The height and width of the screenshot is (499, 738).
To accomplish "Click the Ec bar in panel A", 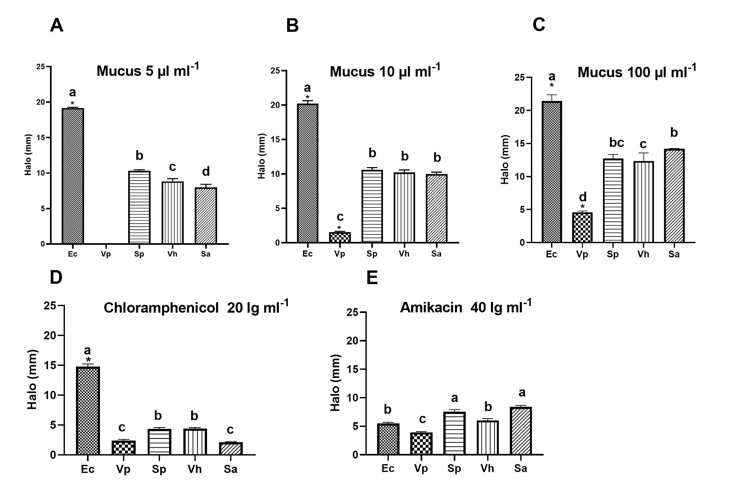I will (73, 176).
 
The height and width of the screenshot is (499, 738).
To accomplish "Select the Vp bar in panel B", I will (339, 237).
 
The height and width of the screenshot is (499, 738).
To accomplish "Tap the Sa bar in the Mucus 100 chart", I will (674, 196).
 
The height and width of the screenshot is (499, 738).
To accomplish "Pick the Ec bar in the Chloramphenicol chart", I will (88, 411).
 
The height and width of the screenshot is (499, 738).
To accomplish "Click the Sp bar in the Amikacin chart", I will (454, 433).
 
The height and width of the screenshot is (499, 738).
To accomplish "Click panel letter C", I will (539, 25).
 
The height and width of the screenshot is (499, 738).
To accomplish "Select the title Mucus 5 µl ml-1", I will (148, 70).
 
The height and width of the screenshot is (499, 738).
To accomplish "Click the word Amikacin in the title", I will (431, 307).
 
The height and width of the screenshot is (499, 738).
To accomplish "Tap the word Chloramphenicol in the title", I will (161, 307).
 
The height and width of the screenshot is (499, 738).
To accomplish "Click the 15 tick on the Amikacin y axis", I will (352, 369).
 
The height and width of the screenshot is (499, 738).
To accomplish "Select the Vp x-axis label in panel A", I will (106, 254).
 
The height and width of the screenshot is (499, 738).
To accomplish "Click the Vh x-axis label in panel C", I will (643, 254).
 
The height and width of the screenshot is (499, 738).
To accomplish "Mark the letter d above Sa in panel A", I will (206, 171).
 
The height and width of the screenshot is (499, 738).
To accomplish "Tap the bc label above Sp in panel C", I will (616, 143).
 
